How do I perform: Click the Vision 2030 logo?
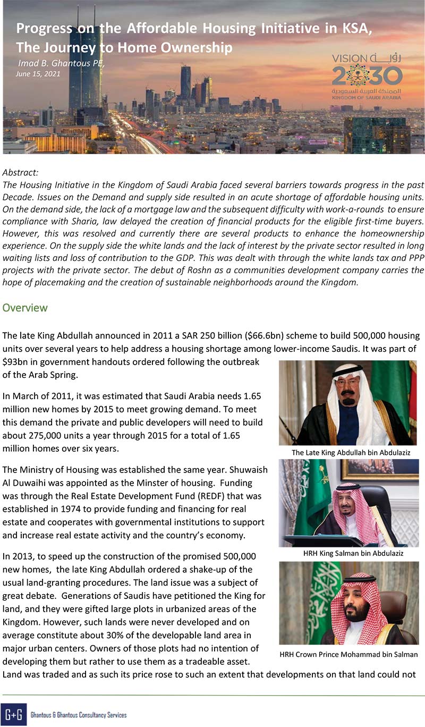tap(367, 77)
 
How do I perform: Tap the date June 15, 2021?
tap(39, 74)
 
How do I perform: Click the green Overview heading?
tap(25, 308)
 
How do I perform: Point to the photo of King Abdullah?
tap(347, 403)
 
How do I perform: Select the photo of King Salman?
tap(347, 503)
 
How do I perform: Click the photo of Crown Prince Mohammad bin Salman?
tap(347, 603)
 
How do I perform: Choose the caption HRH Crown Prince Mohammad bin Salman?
tap(348, 654)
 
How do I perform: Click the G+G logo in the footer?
tap(13, 714)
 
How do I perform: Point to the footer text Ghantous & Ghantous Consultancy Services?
tap(79, 715)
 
